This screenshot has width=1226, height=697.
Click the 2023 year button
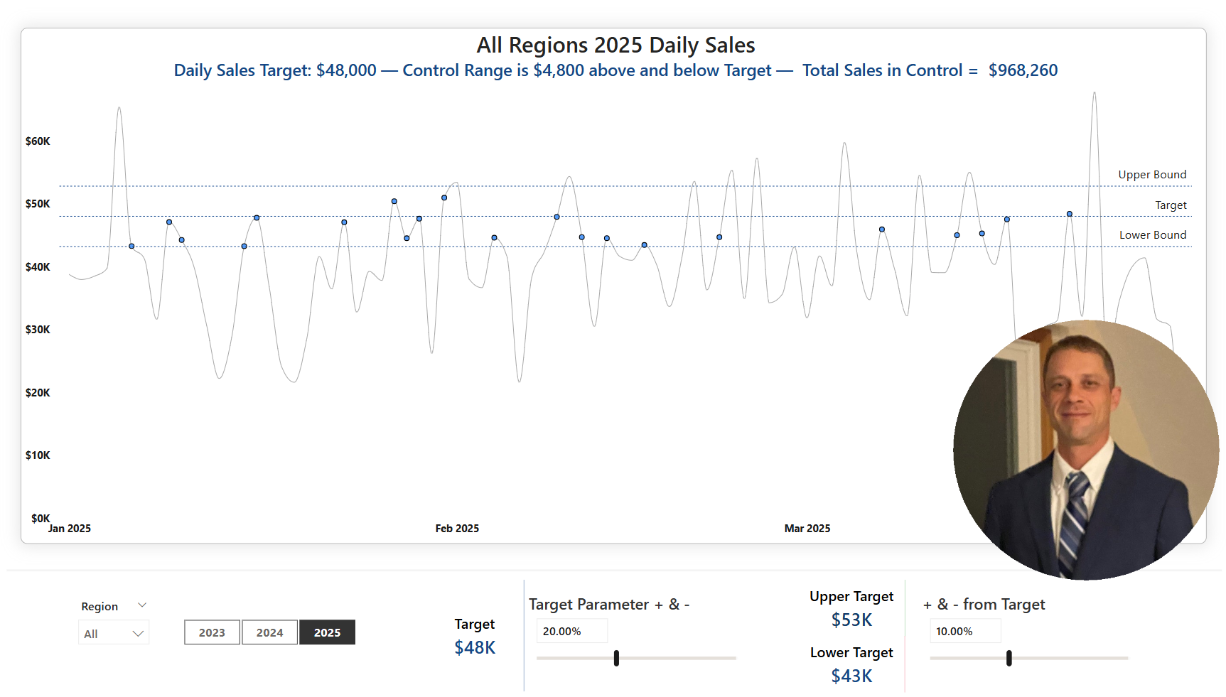212,632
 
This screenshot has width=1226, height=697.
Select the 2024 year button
269,632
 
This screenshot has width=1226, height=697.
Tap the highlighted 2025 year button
327,632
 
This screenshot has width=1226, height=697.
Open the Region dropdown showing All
114,633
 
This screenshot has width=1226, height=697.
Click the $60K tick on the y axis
38,141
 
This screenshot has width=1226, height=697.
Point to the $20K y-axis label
38,393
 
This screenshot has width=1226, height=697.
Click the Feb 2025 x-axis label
457,529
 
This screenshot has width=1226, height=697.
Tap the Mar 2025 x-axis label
807,529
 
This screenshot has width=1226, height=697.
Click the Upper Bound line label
1151,175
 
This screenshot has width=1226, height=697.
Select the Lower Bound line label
1152,235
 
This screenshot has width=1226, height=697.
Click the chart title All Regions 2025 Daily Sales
615,45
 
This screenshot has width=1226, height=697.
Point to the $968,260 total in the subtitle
1023,70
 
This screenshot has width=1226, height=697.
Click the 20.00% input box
571,631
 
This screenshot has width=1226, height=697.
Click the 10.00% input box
964,631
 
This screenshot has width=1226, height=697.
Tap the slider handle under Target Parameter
616,658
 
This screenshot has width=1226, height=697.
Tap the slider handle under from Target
1009,658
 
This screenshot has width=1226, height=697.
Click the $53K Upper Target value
851,620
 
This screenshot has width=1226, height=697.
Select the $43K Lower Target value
851,676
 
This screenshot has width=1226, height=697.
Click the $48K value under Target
475,648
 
